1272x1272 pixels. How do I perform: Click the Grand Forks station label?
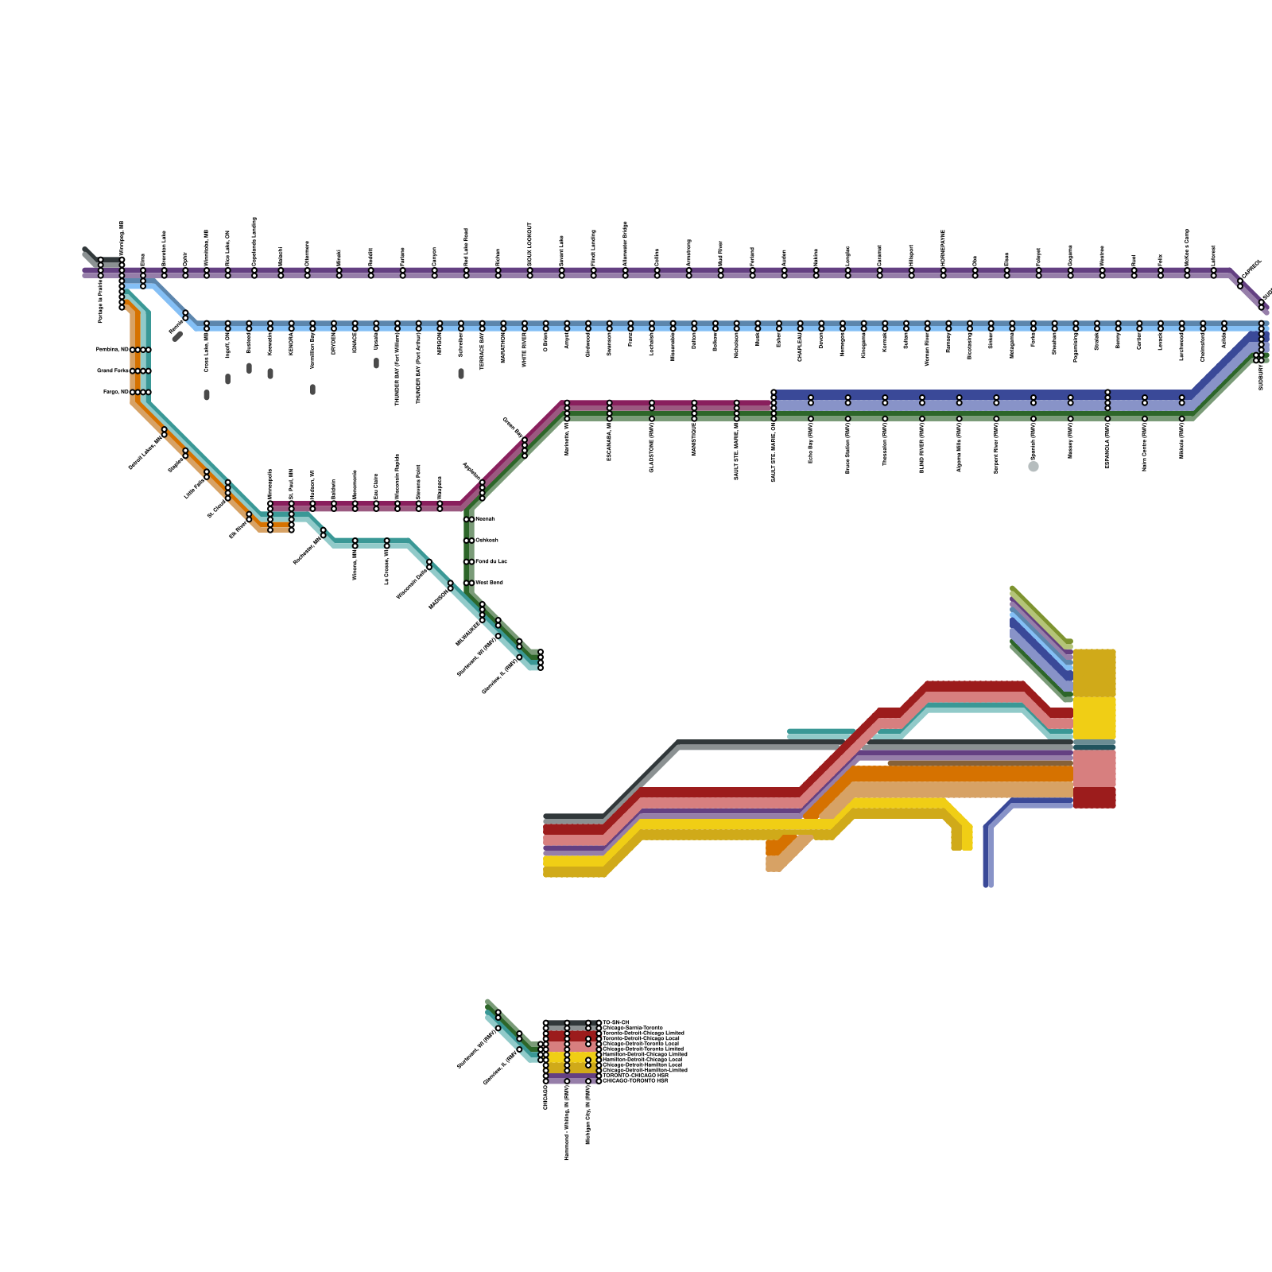tap(112, 370)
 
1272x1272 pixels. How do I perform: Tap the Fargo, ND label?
tap(115, 392)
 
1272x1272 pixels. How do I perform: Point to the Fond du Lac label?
tap(491, 561)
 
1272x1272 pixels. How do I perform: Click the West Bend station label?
tap(489, 583)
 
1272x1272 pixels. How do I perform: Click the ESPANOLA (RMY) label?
tap(1107, 445)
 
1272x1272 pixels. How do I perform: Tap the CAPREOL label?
tap(1251, 269)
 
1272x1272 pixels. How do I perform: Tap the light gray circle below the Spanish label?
tap(1033, 467)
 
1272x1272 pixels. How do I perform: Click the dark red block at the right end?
tap(1094, 797)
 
